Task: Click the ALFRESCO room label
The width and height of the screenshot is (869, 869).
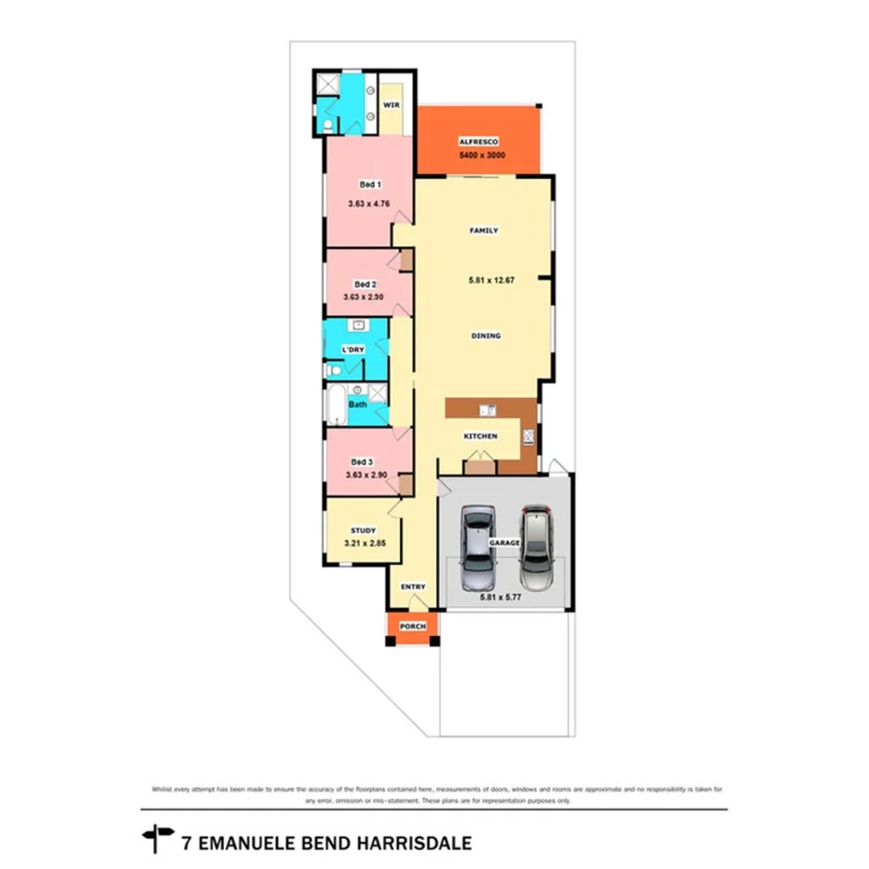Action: point(478,142)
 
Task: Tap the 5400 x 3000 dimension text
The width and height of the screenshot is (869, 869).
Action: point(482,156)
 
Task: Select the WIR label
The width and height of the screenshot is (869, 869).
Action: point(391,105)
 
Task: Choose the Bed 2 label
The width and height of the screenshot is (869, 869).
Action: point(366,284)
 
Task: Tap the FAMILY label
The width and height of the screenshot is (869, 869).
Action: point(483,230)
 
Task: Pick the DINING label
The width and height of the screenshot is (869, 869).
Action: point(486,336)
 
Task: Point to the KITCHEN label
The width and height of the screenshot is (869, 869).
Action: point(480,436)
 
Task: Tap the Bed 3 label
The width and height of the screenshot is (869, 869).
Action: point(362,462)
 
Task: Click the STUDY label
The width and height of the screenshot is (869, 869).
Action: point(363,531)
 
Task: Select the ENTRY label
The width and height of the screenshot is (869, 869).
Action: point(413,586)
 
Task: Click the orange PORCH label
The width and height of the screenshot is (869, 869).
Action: point(412,627)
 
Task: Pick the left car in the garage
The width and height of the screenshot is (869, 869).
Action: point(478,542)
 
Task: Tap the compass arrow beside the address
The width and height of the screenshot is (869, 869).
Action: point(158,838)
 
